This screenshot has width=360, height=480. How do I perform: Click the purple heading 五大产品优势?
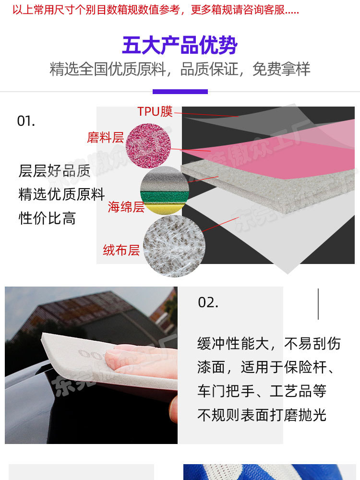[x=180, y=46]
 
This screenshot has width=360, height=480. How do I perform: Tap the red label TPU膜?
[x=155, y=111]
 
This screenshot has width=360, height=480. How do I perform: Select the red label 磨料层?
[x=105, y=138]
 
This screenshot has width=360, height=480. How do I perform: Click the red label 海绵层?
[x=126, y=207]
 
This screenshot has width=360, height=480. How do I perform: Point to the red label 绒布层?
[x=121, y=250]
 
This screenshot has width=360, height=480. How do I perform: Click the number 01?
[x=26, y=121]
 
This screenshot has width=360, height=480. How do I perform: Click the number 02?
[x=208, y=302]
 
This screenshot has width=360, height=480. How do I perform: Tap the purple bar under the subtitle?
[x=180, y=91]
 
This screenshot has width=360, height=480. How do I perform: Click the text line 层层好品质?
[x=54, y=170]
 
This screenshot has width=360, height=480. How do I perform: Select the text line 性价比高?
[x=47, y=218]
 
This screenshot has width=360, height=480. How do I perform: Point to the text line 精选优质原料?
[x=61, y=194]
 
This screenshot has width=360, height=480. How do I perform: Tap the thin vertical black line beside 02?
[x=318, y=304]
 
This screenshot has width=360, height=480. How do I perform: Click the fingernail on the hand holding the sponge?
[x=114, y=355]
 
